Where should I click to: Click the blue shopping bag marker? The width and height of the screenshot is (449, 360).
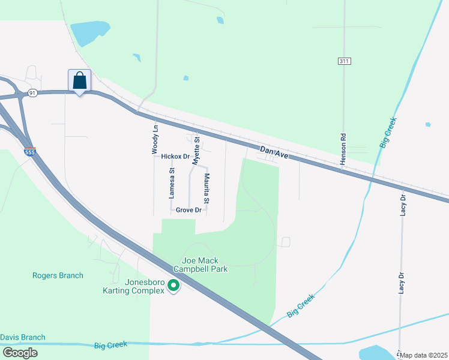tap(80, 80)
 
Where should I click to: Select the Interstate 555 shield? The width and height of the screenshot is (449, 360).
tap(30, 152)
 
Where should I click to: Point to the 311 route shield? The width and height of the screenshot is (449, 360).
tap(343, 61)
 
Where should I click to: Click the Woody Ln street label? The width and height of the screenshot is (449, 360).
tap(155, 137)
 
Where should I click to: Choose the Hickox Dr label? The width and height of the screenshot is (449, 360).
tap(175, 156)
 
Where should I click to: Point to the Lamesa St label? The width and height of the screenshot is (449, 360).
tap(172, 183)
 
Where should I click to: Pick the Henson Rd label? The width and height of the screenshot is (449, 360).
tap(343, 149)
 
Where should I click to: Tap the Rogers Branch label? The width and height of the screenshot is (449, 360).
tap(58, 276)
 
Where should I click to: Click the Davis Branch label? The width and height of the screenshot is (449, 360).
tap(23, 337)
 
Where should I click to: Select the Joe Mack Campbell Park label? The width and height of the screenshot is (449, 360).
tap(205, 265)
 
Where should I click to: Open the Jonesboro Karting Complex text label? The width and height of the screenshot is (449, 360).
tap(136, 286)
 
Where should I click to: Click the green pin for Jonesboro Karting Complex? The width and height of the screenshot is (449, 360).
tap(173, 286)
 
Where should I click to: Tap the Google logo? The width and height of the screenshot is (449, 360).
tap(19, 353)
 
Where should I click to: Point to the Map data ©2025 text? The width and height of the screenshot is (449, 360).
tap(424, 355)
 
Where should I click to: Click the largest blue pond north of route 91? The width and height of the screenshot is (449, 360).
tap(86, 34)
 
